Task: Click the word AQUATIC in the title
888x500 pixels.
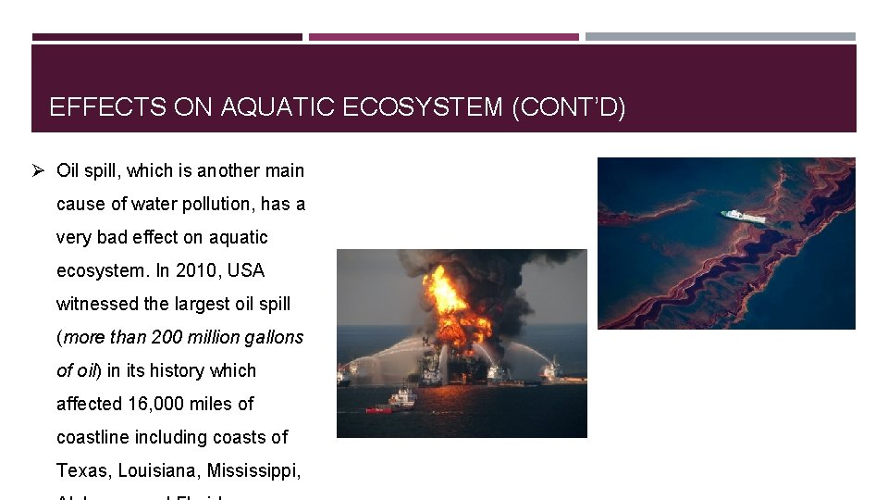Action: click(x=279, y=108)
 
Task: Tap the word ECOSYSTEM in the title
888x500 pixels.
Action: click(x=425, y=108)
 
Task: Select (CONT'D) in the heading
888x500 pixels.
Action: click(x=569, y=108)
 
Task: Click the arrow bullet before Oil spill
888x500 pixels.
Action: click(x=38, y=170)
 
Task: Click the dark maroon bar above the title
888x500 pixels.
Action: click(x=167, y=37)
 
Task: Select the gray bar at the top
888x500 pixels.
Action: click(x=721, y=37)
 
